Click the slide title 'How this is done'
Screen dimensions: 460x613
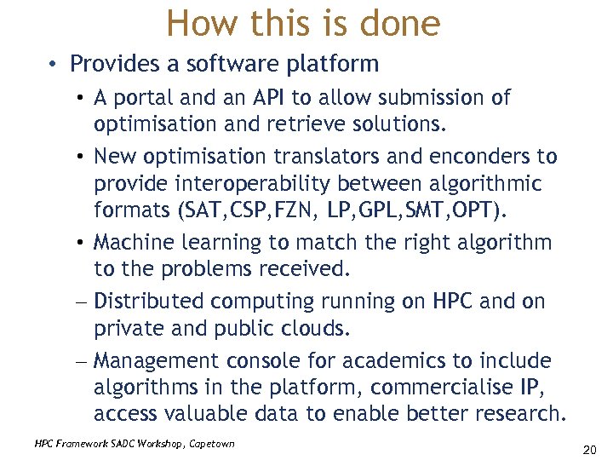pos(304,23)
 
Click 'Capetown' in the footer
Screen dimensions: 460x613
pos(207,443)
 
